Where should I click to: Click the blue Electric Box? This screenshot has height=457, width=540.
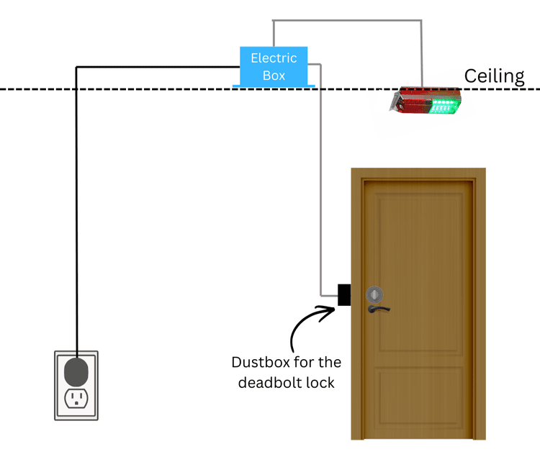click(274, 66)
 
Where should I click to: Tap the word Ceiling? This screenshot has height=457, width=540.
click(494, 76)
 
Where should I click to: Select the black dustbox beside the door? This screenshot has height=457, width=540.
click(343, 294)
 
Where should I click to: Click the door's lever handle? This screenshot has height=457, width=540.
click(379, 309)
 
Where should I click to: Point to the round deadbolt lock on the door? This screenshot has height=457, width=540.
click(375, 294)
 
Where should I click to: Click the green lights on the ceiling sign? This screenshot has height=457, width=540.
click(443, 107)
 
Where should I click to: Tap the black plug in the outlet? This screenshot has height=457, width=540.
click(76, 371)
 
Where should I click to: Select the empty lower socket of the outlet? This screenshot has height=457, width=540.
click(76, 398)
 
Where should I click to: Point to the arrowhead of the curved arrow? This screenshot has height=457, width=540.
click(332, 309)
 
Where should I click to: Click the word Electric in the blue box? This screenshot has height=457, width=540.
click(274, 58)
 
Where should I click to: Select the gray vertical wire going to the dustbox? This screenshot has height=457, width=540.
click(320, 180)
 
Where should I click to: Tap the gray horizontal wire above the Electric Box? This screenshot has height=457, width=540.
click(346, 21)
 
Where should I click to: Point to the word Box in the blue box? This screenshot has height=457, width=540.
click(274, 75)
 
